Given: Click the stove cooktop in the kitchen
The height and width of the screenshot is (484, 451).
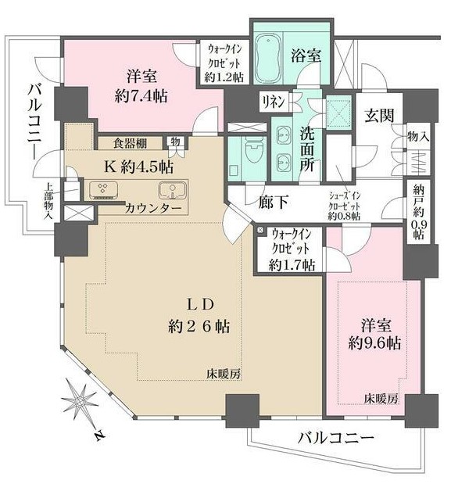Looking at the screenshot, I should (102, 190).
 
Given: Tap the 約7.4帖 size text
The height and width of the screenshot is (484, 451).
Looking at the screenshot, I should (141, 97).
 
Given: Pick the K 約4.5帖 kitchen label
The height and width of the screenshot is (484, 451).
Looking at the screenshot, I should (138, 167).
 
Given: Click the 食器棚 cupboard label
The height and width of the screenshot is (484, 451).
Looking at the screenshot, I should (130, 142).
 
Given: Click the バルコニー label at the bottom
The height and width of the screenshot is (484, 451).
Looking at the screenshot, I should (335, 438).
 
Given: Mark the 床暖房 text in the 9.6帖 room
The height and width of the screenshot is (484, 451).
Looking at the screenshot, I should (381, 400).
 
